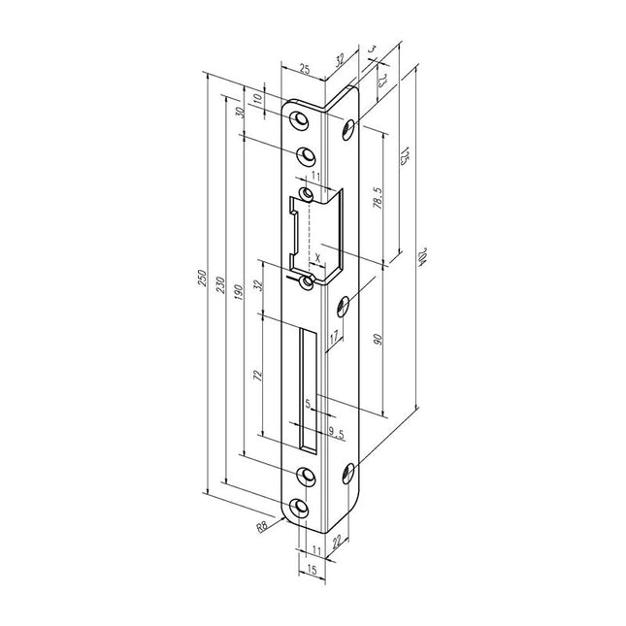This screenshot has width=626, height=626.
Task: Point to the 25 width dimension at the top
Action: (305, 70)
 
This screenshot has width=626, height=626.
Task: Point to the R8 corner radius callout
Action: (262, 527)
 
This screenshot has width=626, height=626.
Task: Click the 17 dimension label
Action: (333, 339)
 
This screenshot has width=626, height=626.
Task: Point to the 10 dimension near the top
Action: (258, 99)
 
